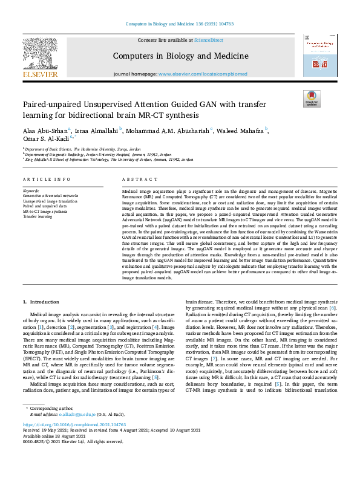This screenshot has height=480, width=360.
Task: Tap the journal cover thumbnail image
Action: (319, 55)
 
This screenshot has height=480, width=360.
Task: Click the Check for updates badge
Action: (312, 99)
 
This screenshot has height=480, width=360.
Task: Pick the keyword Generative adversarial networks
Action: (50, 195)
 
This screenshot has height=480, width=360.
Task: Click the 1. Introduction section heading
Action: (41, 301)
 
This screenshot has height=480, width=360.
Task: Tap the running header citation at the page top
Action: (180, 24)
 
